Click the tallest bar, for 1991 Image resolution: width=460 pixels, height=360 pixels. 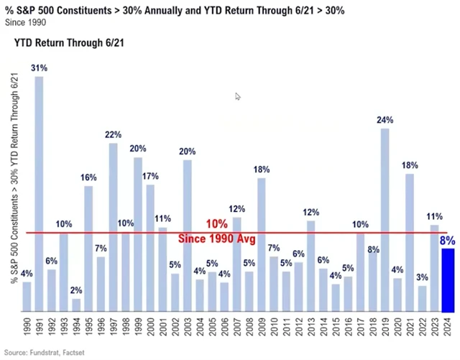click(39, 194)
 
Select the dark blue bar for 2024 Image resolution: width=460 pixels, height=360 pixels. click(448, 280)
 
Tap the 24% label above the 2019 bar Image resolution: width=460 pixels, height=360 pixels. click(385, 120)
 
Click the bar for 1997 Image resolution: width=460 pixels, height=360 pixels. click(114, 227)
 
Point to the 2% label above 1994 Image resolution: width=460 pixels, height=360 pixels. click(76, 290)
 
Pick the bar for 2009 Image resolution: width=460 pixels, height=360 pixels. click(261, 244)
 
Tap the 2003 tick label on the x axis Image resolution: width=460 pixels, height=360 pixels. click(187, 330)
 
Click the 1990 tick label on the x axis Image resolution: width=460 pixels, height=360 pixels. click(27, 330)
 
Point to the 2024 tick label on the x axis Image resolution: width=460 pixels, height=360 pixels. click(448, 330)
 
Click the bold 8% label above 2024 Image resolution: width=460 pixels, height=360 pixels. click(448, 241)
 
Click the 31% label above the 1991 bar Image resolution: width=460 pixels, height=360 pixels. click(39, 68)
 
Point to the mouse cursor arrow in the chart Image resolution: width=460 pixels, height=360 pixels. click(238, 96)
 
